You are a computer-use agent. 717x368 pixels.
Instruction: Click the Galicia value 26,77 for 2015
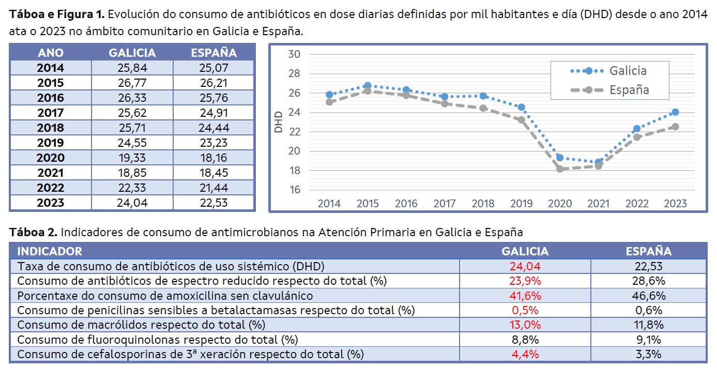pyautogui.click(x=132, y=83)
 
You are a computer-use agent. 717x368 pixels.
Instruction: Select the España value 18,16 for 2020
pyautogui.click(x=213, y=158)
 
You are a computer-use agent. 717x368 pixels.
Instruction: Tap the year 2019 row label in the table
pyautogui.click(x=50, y=143)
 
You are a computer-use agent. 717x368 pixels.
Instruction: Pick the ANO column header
pyautogui.click(x=50, y=53)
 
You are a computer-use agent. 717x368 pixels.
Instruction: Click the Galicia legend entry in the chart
pyautogui.click(x=610, y=71)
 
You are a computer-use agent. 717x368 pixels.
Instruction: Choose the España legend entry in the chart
pyautogui.click(x=610, y=89)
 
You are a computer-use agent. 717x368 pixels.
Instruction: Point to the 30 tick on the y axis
pyautogui.click(x=294, y=54)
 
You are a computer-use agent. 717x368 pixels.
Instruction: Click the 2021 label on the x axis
pyautogui.click(x=598, y=203)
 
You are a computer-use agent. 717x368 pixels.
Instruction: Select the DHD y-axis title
pyautogui.click(x=279, y=122)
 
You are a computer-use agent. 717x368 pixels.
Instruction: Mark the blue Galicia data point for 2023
pyautogui.click(x=675, y=112)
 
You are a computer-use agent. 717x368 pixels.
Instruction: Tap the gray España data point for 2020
pyautogui.click(x=560, y=169)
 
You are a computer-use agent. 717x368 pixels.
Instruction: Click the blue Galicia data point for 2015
pyautogui.click(x=368, y=86)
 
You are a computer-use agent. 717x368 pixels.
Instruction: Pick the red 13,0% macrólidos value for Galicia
pyautogui.click(x=525, y=325)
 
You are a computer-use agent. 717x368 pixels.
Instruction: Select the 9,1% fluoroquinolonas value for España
pyautogui.click(x=648, y=340)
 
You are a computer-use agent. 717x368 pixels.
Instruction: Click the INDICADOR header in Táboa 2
pyautogui.click(x=50, y=251)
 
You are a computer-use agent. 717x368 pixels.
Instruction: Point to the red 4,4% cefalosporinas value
pyautogui.click(x=525, y=355)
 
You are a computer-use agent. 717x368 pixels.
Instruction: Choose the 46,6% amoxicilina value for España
pyautogui.click(x=648, y=296)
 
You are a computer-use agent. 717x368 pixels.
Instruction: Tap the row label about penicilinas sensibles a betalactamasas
pyautogui.click(x=216, y=310)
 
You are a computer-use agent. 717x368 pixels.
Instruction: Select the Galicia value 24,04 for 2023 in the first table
pyautogui.click(x=132, y=203)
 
